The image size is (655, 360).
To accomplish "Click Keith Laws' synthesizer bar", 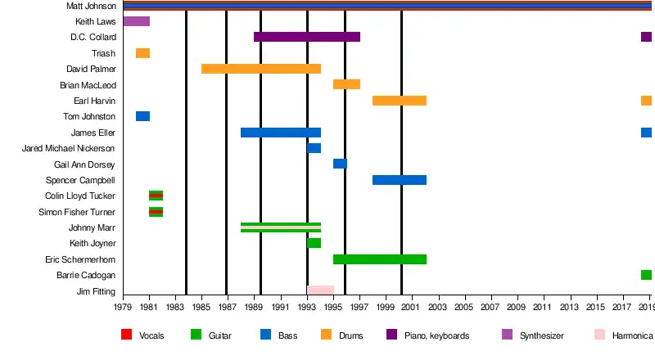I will pyautogui.click(x=136, y=21).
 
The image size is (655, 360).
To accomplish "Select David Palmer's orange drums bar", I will pyautogui.click(x=261, y=69).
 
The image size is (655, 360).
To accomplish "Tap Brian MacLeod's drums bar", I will pyautogui.click(x=346, y=84).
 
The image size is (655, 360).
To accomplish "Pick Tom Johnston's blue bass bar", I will pyautogui.click(x=142, y=116).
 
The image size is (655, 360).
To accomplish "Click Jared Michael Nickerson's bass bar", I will pyautogui.click(x=314, y=148).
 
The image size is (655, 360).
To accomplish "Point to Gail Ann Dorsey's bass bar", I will pyautogui.click(x=340, y=164).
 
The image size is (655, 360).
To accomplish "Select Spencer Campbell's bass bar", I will pyautogui.click(x=400, y=180).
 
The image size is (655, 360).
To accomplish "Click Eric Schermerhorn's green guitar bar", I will pyautogui.click(x=380, y=259).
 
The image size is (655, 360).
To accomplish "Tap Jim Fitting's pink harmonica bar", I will pyautogui.click(x=320, y=290).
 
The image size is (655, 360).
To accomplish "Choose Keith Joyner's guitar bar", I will pyautogui.click(x=314, y=243).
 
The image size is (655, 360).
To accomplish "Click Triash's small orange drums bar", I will pyautogui.click(x=142, y=53).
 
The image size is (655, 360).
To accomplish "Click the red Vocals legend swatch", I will pyautogui.click(x=126, y=335).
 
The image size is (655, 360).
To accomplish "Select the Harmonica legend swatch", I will pyautogui.click(x=599, y=335).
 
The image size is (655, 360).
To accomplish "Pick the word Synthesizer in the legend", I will pyautogui.click(x=542, y=335).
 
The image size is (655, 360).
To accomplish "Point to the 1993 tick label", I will pyautogui.click(x=307, y=308).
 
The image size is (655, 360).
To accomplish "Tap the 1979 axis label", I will pyautogui.click(x=124, y=308).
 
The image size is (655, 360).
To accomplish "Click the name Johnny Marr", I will pyautogui.click(x=93, y=227).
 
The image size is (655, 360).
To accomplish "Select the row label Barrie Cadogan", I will pyautogui.click(x=91, y=275).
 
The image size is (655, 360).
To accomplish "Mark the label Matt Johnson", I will pyautogui.click(x=91, y=6).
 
